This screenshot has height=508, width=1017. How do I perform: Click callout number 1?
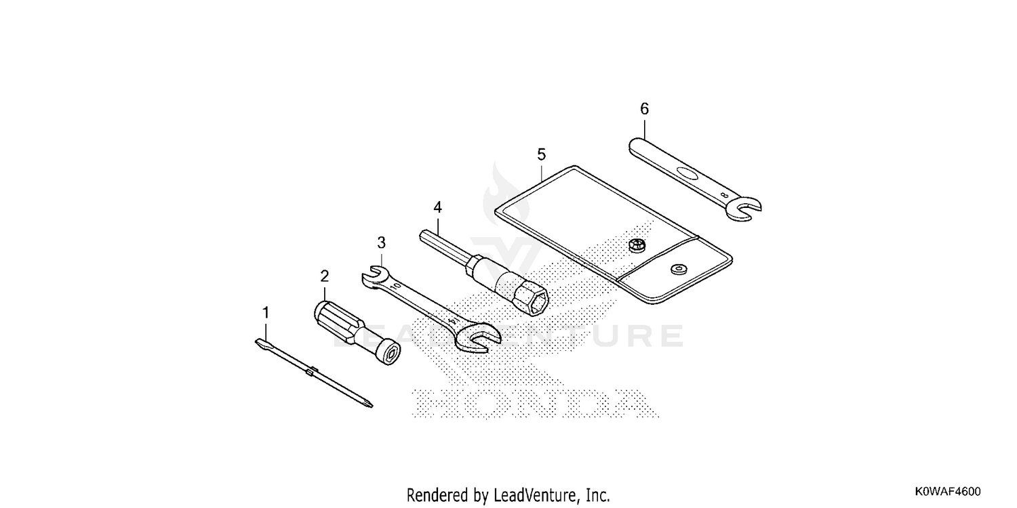click(266, 312)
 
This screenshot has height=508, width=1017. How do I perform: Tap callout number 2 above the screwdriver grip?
click(324, 276)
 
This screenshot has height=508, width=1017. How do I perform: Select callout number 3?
click(381, 242)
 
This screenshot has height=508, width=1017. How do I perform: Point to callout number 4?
click(437, 207)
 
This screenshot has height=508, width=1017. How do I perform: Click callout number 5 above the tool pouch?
click(541, 154)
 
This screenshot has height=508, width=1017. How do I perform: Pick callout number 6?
click(644, 109)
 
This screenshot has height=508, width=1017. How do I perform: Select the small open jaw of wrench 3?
click(373, 276)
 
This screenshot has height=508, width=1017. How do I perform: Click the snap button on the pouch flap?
click(679, 269)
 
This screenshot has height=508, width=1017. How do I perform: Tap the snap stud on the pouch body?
click(637, 245)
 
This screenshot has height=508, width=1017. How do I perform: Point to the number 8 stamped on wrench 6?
click(725, 196)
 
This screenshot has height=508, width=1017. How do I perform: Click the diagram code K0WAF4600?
click(948, 492)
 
